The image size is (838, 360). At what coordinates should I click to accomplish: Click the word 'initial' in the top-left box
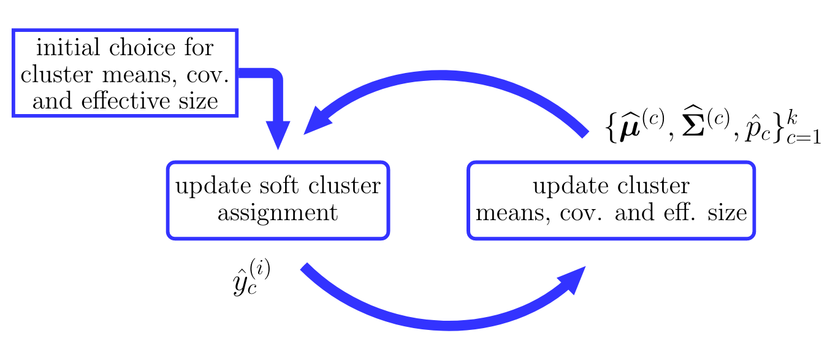68,47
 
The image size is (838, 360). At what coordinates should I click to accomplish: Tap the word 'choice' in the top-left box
142,47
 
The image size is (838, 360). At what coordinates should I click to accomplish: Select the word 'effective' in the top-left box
126,101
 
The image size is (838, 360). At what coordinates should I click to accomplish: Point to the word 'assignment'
278,214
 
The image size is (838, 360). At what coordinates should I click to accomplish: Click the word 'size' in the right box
727,212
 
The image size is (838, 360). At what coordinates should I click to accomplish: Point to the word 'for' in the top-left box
199,47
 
